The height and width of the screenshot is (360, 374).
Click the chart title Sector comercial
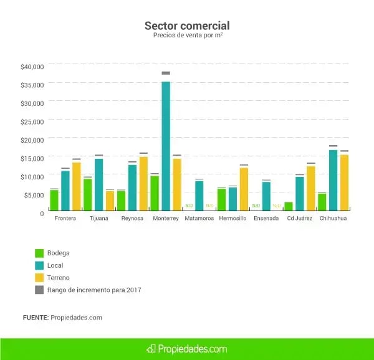(187, 26)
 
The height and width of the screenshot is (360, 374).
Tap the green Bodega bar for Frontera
(54, 200)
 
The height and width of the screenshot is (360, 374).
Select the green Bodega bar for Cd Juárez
(289, 206)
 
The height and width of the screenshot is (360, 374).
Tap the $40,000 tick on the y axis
(32, 66)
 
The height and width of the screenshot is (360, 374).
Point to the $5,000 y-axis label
(34, 195)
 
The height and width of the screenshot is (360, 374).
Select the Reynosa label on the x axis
(132, 219)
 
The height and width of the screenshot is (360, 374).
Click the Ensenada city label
(266, 219)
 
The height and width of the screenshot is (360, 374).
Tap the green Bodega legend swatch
(39, 253)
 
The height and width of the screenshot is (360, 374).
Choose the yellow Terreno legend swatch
(39, 277)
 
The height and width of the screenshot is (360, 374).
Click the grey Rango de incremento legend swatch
(39, 290)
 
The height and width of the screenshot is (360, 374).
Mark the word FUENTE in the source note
(36, 318)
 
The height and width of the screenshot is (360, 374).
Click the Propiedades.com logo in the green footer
(187, 349)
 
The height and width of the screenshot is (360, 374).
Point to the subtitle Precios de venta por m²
(187, 36)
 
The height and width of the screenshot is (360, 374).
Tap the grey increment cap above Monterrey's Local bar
(166, 73)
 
